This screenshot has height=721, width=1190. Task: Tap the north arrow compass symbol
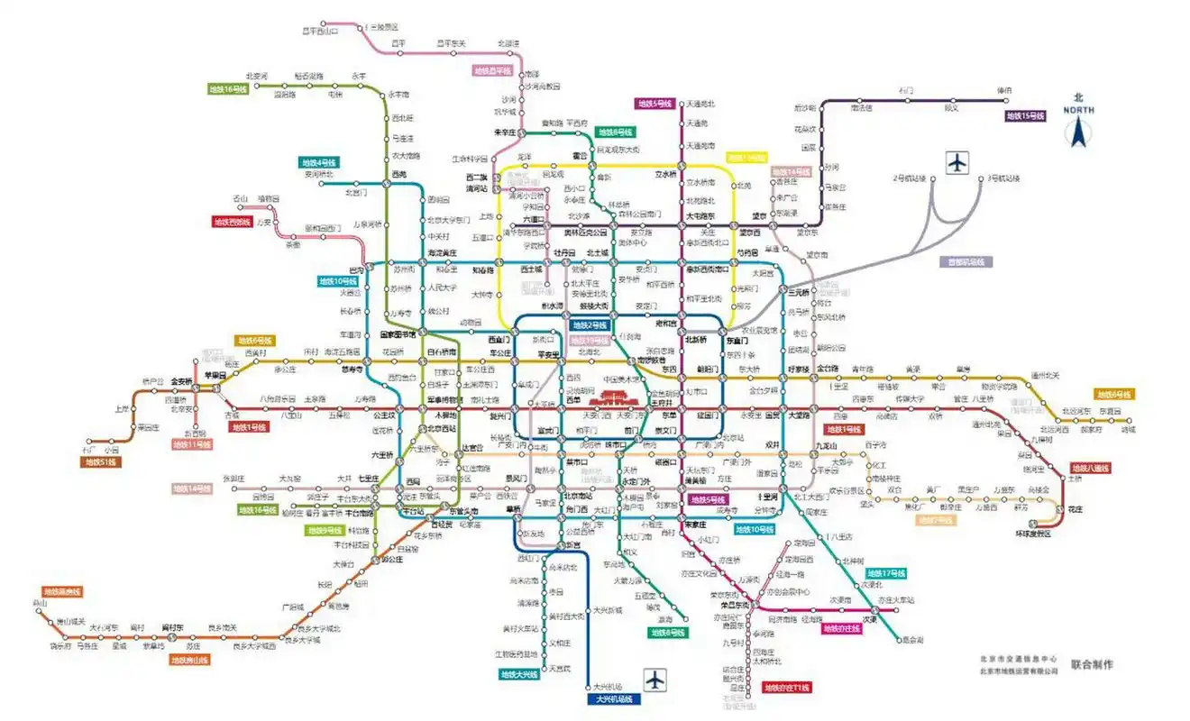point(1078,126)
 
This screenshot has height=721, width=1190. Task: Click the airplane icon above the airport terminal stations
point(957,163)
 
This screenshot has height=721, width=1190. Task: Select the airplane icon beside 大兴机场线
point(655,679)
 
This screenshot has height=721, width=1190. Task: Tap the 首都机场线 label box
point(964,262)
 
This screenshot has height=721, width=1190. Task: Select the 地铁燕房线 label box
point(62,592)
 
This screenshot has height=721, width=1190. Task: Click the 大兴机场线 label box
point(613,698)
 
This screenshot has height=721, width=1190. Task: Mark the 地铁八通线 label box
point(1091,468)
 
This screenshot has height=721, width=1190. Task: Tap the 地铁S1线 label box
point(101,461)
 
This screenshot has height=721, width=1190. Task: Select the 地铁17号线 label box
point(886,573)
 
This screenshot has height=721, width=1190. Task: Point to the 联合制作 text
point(1092,664)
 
